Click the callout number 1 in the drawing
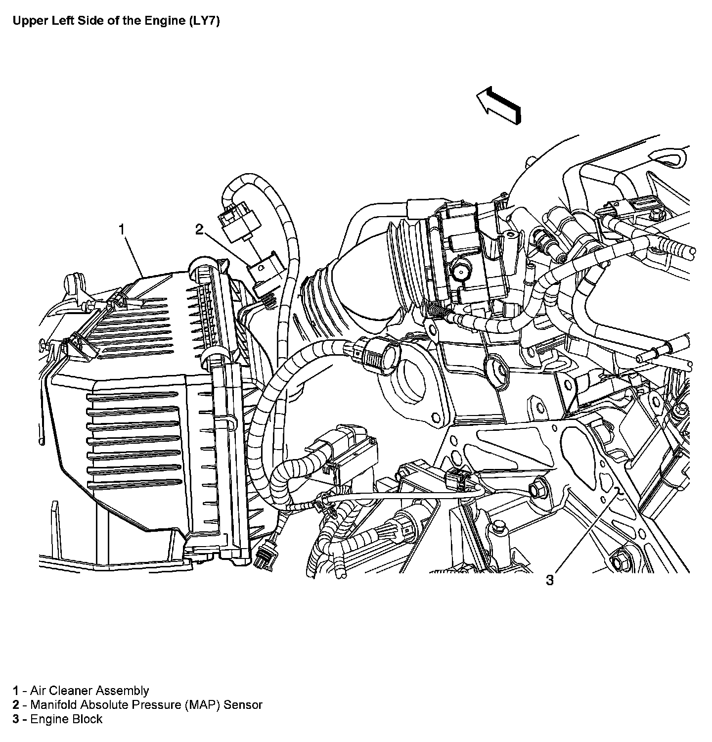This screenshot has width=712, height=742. tap(122, 230)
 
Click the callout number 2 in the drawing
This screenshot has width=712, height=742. tap(199, 230)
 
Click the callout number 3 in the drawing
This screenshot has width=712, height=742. tap(550, 580)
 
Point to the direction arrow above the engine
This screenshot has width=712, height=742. tap(499, 104)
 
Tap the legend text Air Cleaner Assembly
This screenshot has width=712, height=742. tap(89, 691)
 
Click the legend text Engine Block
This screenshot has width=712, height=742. tap(66, 719)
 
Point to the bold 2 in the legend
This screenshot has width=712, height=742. tap(16, 705)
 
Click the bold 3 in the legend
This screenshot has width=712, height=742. tap(16, 719)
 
